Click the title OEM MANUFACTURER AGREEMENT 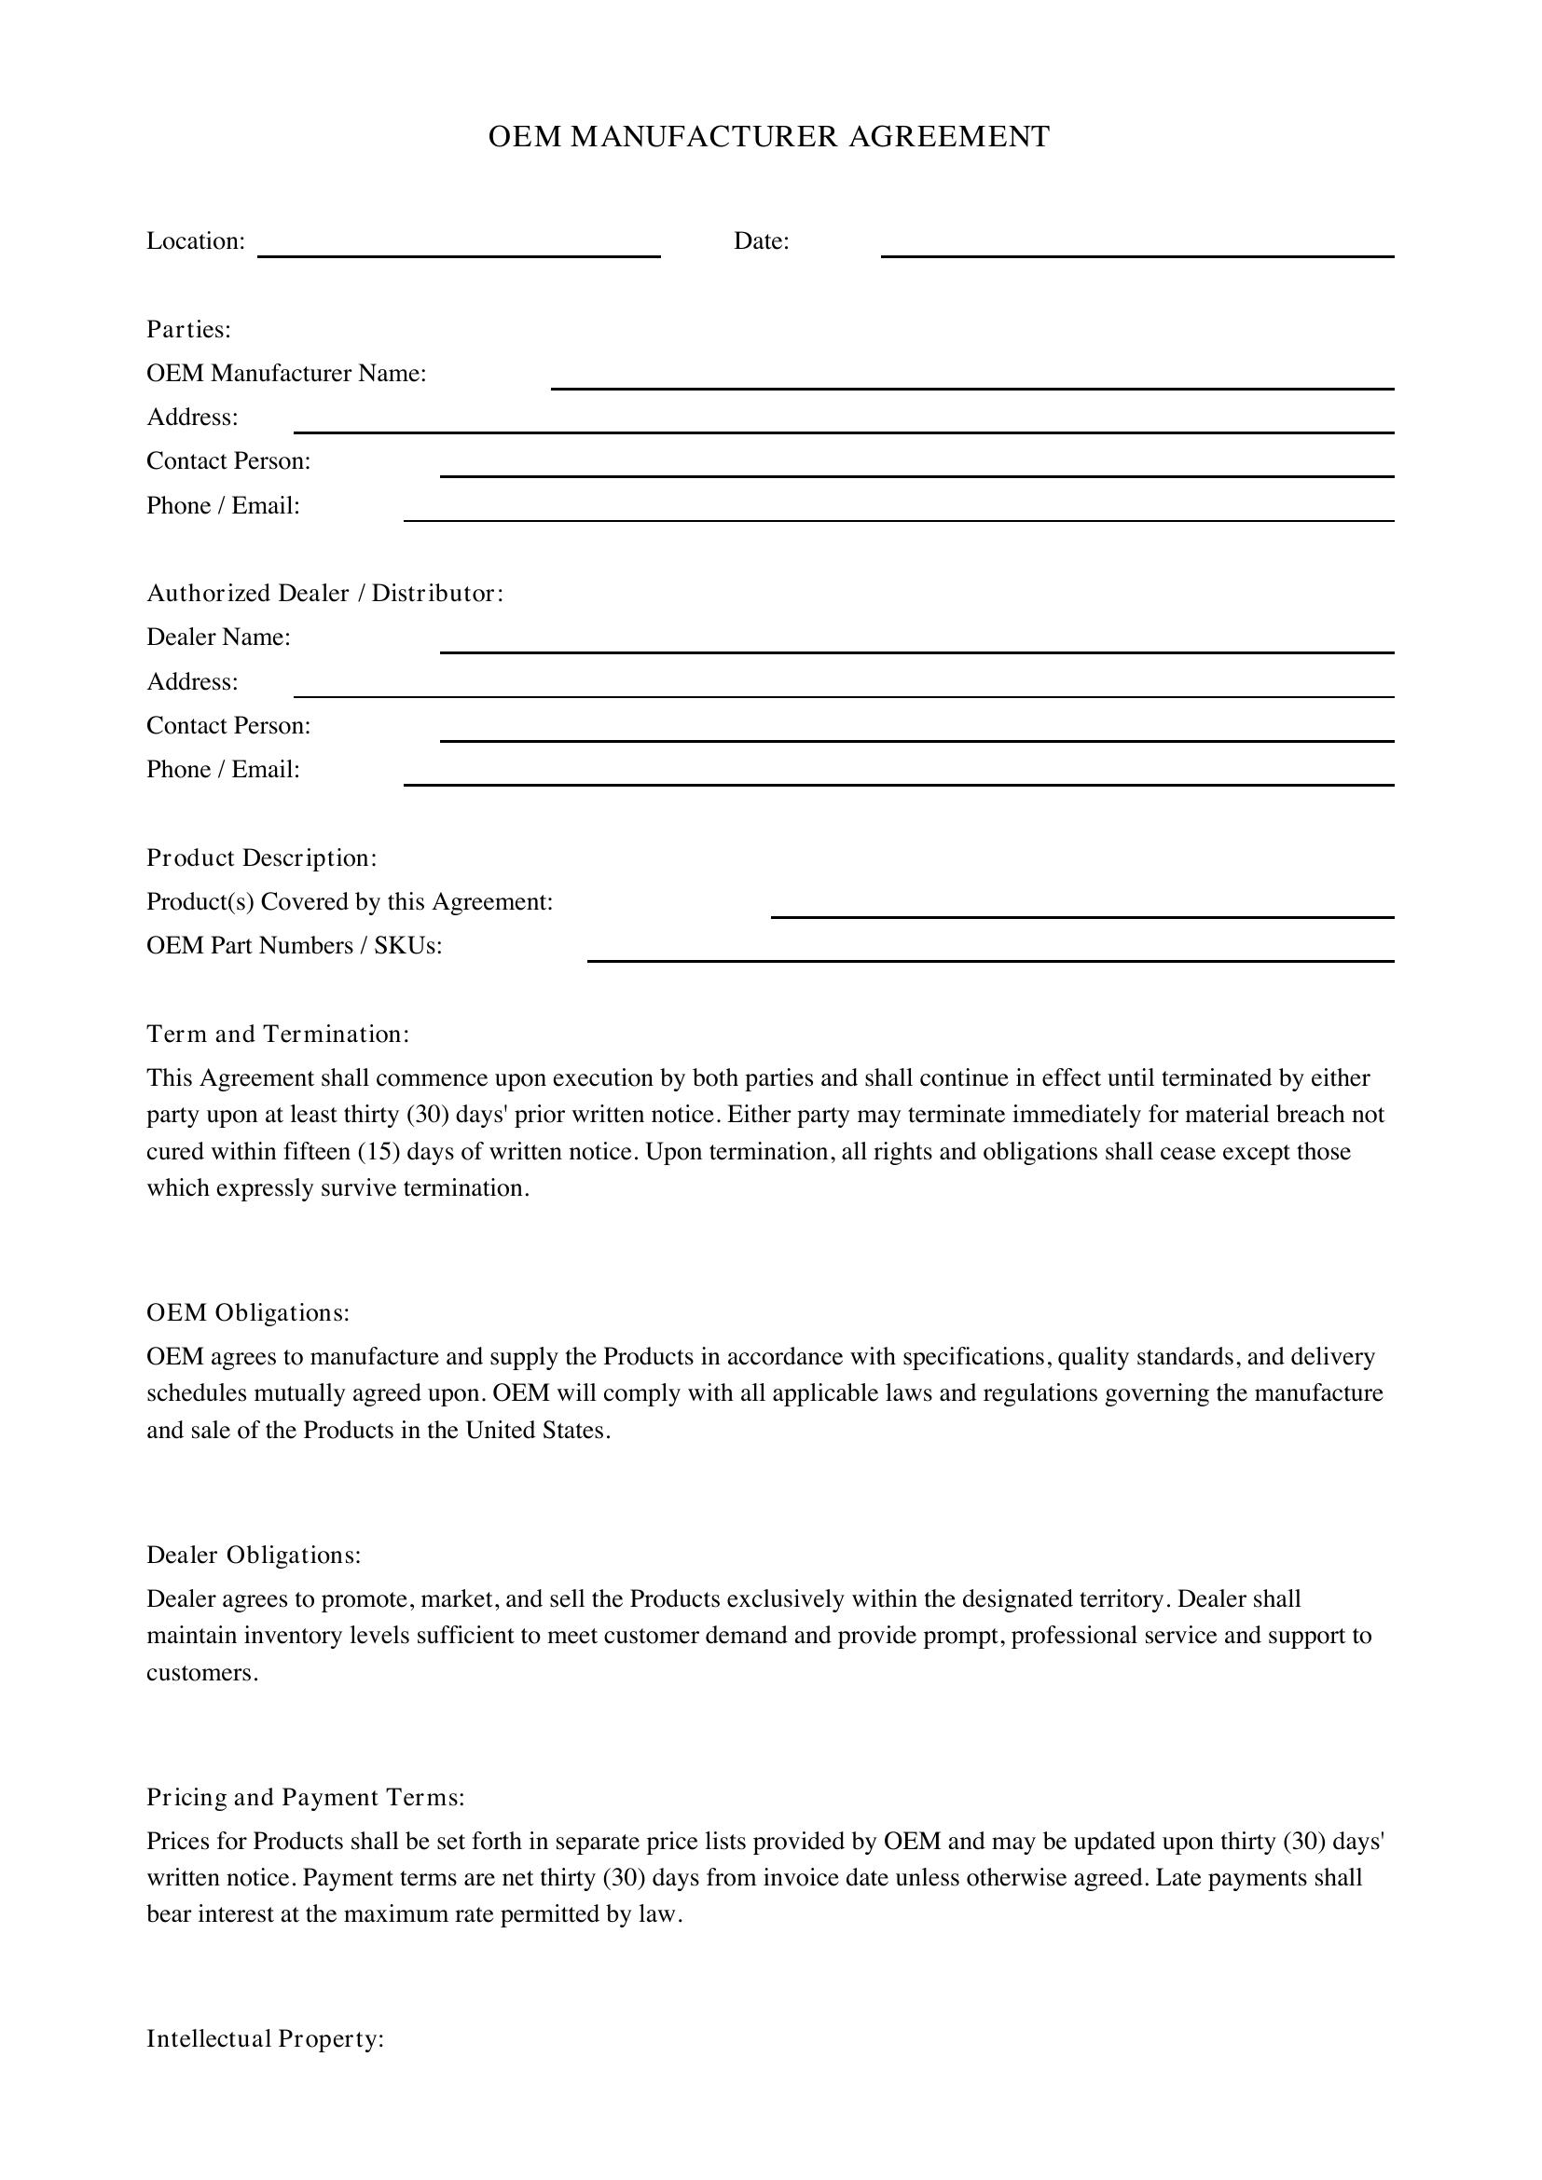pos(769,137)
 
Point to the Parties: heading pos(189,329)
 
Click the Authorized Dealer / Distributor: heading pos(324,594)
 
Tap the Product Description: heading pos(262,858)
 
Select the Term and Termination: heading pos(278,1034)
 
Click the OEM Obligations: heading pos(248,1313)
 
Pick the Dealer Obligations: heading pos(254,1556)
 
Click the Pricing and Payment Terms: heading pos(306,1797)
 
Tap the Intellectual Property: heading pos(265,2039)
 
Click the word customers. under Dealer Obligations pos(202,1673)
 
